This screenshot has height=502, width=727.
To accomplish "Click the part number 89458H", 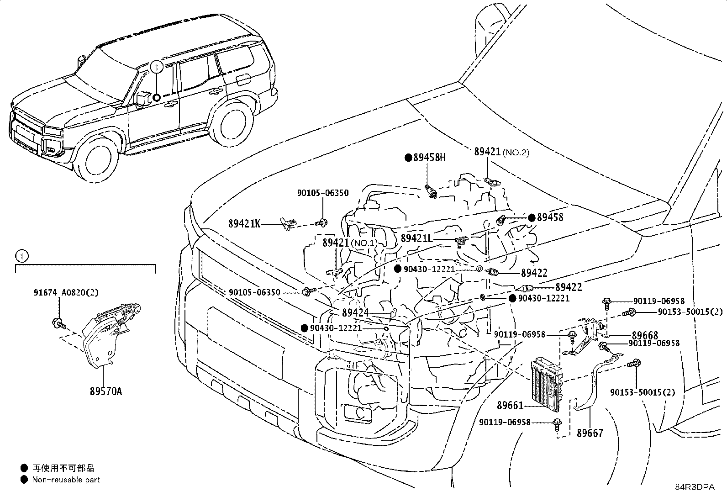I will click(x=429, y=158).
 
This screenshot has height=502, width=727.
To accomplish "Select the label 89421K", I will click(x=244, y=224).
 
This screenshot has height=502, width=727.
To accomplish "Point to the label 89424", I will click(x=355, y=313).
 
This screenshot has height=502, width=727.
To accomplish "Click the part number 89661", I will click(x=510, y=405).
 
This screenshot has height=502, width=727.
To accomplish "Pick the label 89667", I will click(x=590, y=433).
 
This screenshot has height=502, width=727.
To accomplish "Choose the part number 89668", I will click(x=645, y=335).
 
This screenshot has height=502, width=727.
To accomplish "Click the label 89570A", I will click(x=105, y=391).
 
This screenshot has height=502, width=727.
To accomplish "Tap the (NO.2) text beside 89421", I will click(x=516, y=153).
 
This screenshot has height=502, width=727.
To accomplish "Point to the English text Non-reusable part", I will click(x=66, y=480).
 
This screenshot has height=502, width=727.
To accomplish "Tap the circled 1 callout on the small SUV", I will click(x=157, y=68).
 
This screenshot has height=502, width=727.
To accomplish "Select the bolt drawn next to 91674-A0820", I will click(x=58, y=323).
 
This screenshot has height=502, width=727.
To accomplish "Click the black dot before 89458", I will click(x=531, y=217).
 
